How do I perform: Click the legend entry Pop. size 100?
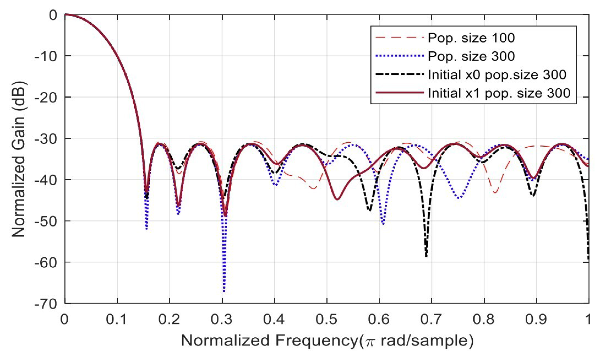click(471, 38)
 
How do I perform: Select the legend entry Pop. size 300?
click(471, 56)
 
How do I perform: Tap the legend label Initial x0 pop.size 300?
click(497, 75)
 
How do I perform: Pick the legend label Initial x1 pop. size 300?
click(499, 93)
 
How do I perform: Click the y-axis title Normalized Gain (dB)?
click(19, 159)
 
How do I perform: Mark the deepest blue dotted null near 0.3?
click(224, 291)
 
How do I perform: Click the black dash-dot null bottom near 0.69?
click(426, 256)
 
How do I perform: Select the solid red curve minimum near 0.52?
click(337, 199)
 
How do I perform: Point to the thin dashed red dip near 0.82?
click(495, 193)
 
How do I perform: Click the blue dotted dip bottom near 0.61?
click(383, 224)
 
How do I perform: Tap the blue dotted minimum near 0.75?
click(459, 198)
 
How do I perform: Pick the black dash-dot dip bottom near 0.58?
click(370, 211)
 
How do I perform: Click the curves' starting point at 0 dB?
click(65, 14)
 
